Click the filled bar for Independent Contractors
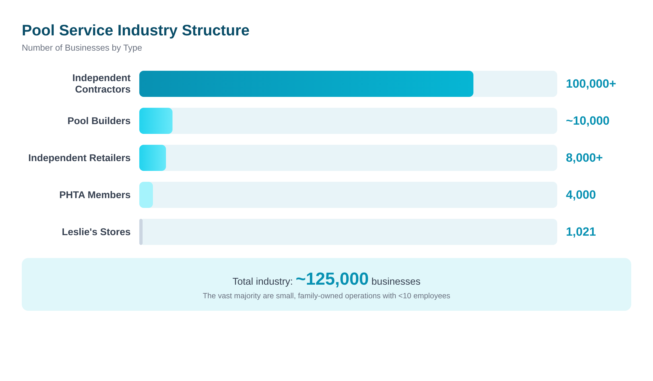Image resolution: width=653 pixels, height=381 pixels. (x=306, y=84)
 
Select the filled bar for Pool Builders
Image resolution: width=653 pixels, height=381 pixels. (x=156, y=121)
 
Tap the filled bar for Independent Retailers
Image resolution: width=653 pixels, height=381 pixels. (x=153, y=158)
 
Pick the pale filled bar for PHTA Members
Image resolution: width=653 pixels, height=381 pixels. (x=146, y=195)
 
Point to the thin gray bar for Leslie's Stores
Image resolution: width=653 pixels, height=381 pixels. (x=141, y=232)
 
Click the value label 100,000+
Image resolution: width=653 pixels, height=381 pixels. (x=591, y=84)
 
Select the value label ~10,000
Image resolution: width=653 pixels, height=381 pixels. (x=587, y=121)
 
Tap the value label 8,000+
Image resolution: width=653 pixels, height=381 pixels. (x=584, y=158)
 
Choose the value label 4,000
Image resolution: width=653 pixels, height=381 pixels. (x=581, y=195)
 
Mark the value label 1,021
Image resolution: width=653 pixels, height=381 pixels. (x=581, y=232)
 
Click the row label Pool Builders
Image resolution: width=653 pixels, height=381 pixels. (x=99, y=121)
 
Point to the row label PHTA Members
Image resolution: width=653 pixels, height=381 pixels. (x=95, y=195)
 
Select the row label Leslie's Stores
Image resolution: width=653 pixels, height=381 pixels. (x=96, y=232)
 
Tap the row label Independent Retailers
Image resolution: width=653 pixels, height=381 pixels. (x=79, y=158)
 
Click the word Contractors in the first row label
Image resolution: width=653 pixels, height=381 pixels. (x=103, y=89)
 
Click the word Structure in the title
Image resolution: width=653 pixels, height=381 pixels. (x=215, y=30)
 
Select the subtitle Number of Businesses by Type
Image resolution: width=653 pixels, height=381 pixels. (x=82, y=48)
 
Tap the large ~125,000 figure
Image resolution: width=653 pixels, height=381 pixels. (x=332, y=279)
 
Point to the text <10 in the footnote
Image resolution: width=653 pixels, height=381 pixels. (x=405, y=296)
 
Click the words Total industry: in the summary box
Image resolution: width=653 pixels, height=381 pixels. (x=262, y=281)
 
